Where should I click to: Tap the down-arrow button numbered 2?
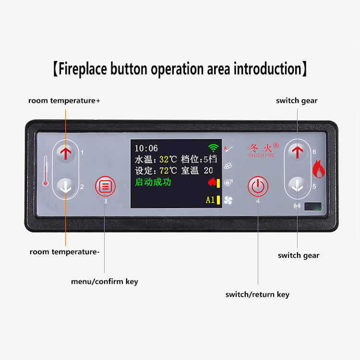click(x=66, y=187)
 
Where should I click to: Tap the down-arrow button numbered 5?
click(x=298, y=186)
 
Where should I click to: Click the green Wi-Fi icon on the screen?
click(x=213, y=148)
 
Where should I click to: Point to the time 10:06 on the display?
click(x=146, y=148)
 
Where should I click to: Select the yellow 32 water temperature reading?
click(x=164, y=159)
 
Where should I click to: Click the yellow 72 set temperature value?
click(x=164, y=170)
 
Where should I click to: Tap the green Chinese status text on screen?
click(x=153, y=182)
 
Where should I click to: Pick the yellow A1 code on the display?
click(x=210, y=200)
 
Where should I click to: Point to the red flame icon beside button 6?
click(x=319, y=169)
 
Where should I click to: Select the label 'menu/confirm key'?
click(x=104, y=281)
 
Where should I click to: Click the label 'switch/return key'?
click(x=257, y=294)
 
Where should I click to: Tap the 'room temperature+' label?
click(x=64, y=101)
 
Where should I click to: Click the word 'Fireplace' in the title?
click(x=83, y=69)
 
